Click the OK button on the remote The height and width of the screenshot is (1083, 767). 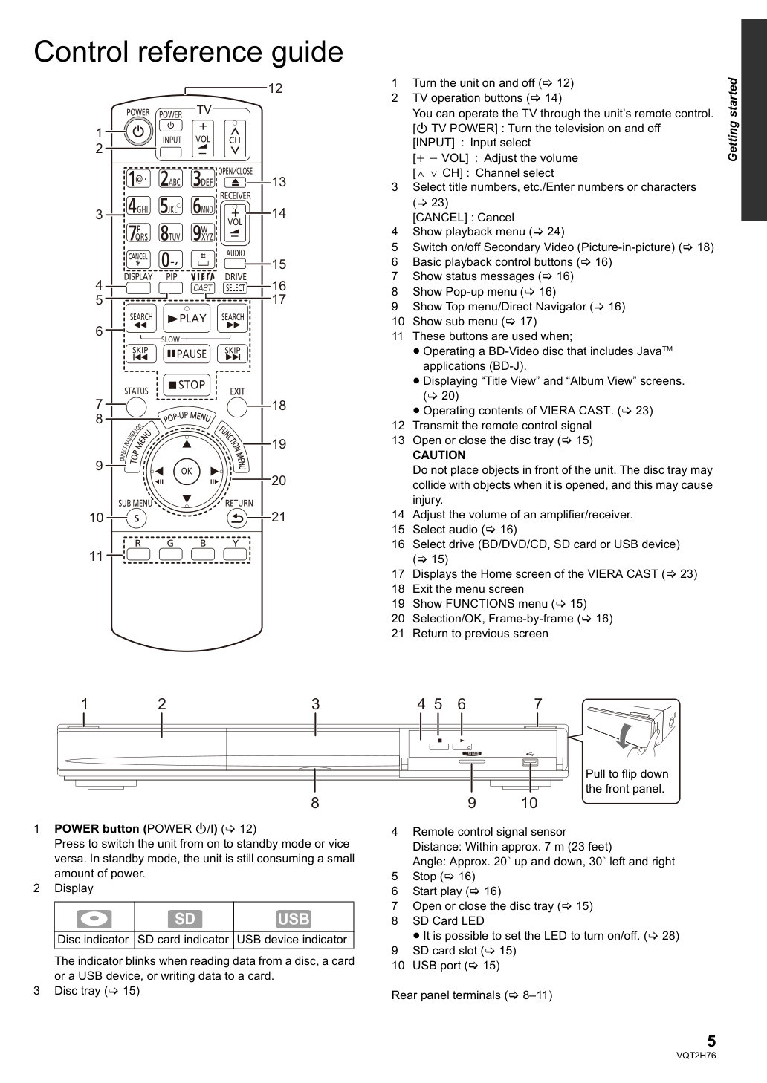(187, 471)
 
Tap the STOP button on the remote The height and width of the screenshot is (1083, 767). (187, 385)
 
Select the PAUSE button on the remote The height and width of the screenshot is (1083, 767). (187, 354)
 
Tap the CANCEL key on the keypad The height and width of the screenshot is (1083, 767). (137, 260)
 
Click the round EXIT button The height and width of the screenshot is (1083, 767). (237, 407)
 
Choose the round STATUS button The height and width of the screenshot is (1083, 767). (136, 407)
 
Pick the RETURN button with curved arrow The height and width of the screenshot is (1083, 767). (237, 518)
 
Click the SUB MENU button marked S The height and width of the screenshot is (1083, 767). (136, 518)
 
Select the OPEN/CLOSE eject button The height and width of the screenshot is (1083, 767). (235, 182)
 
